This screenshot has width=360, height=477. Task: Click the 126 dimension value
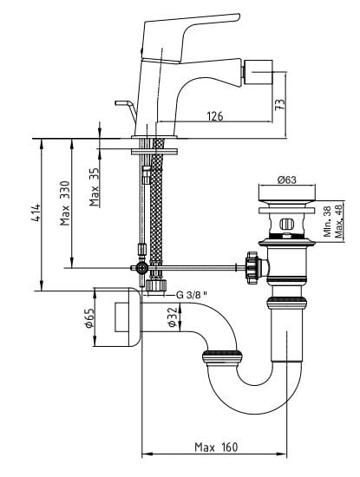click(x=215, y=116)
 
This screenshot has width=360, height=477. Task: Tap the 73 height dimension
click(x=280, y=104)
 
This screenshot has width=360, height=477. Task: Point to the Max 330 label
click(x=65, y=203)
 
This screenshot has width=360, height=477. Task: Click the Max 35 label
click(x=95, y=187)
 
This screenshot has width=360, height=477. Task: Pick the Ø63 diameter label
click(x=286, y=180)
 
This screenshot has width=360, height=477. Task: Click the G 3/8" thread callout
click(x=192, y=295)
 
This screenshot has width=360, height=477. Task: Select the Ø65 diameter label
click(x=88, y=318)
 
